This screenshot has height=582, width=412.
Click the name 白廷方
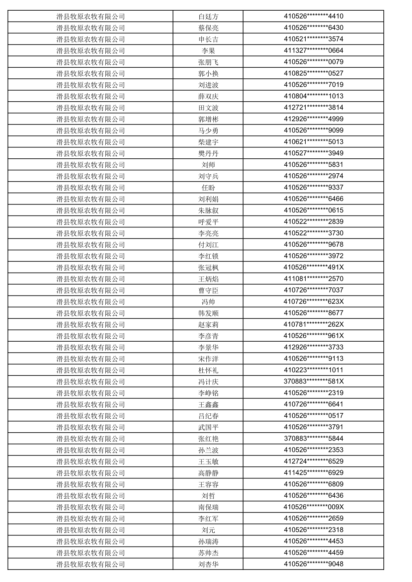tap(208, 17)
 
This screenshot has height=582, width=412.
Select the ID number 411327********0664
tap(313, 50)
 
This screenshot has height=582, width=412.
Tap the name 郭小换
tap(208, 73)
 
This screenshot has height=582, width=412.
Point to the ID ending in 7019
tap(313, 85)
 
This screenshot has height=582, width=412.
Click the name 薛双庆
tap(208, 96)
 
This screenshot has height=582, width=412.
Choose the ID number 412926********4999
tap(313, 119)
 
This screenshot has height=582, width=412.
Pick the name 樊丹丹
tap(208, 153)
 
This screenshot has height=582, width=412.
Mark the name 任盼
tap(208, 188)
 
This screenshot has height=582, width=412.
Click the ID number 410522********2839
tap(313, 221)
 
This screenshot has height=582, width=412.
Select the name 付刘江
tap(208, 245)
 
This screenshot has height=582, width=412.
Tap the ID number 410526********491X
tap(313, 267)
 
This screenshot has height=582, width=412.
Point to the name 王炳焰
tap(208, 279)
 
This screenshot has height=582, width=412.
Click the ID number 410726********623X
tap(313, 301)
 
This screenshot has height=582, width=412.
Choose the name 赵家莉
tap(208, 325)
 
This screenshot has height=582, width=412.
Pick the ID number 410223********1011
tap(313, 370)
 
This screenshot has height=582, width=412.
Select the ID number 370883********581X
tap(313, 381)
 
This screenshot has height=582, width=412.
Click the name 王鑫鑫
tap(208, 404)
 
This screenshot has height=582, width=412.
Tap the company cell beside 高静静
tap(90, 473)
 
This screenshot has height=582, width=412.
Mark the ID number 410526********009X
tap(313, 507)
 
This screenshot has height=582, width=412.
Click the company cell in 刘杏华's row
tap(90, 564)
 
